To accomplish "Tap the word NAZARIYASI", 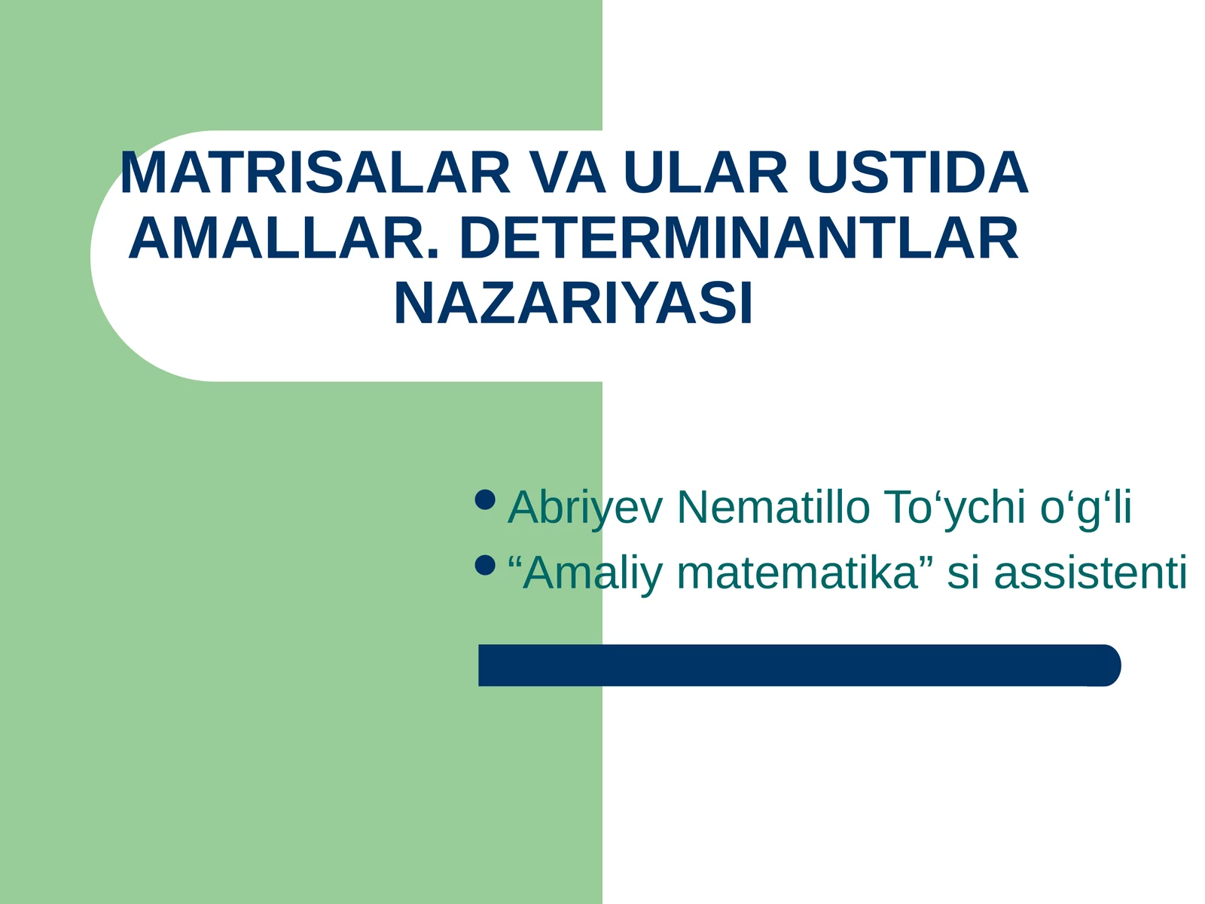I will pos(573,305).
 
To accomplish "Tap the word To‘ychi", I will pos(955,507).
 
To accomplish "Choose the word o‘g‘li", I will pos(1086,507).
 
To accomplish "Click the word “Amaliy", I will pos(585,573).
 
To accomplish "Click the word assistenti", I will pos(1091,573).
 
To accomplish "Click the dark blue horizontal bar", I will pos(791,665).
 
